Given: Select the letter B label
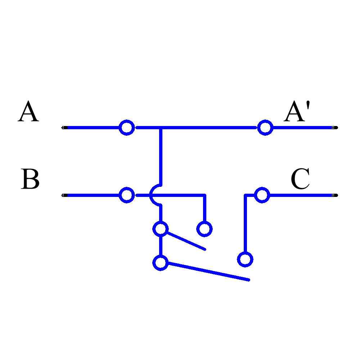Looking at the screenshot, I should click(30, 179).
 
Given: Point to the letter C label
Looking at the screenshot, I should click(300, 179).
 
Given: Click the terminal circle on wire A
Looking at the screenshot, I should click(127, 127).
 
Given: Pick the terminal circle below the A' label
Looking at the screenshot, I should click(265, 127).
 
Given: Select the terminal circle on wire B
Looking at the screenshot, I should click(127, 195).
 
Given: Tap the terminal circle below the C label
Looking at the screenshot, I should click(262, 195).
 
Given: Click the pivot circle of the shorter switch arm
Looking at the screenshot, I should click(161, 229).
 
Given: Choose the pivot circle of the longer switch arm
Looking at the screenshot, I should click(161, 262).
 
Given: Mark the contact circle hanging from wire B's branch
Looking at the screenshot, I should click(204, 229).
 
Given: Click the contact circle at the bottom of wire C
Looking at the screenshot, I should click(245, 259).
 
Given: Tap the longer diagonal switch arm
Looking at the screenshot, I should click(209, 272).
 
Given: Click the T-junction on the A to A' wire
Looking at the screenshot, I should click(161, 128).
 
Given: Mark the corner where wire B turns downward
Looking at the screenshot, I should click(204, 195).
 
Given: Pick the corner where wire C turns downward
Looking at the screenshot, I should click(245, 195).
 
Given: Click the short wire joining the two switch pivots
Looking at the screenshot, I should click(161, 246).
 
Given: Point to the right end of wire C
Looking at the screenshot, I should click(331, 195).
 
